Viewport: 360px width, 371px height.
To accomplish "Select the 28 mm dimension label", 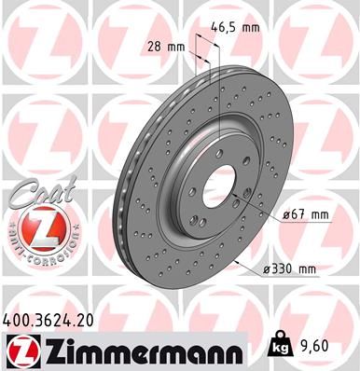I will coord(164,46).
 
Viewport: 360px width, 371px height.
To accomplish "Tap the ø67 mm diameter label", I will coord(306,215).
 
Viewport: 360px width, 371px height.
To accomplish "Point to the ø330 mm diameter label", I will coord(291,269).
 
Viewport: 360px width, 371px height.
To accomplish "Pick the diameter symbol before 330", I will coord(267,269).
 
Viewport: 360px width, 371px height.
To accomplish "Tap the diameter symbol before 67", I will coord(285,215).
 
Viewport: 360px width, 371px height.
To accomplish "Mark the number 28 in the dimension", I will coord(154,46).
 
